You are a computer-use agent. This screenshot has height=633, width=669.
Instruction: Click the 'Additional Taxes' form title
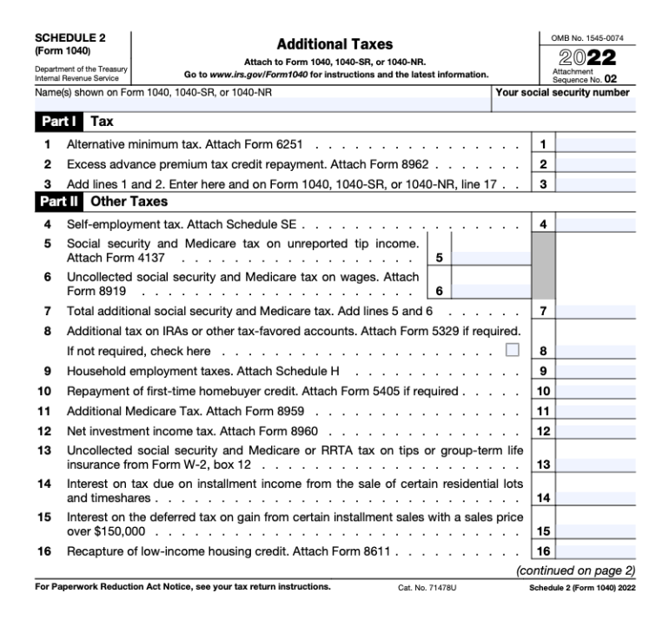(x=334, y=43)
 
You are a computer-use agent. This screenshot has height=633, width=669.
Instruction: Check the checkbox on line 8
(x=512, y=351)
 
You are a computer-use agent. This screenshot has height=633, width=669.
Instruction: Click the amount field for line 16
(x=593, y=550)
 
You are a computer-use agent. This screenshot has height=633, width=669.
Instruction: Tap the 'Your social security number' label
(x=561, y=92)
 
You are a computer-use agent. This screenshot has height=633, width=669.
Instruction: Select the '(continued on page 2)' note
(x=576, y=570)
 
